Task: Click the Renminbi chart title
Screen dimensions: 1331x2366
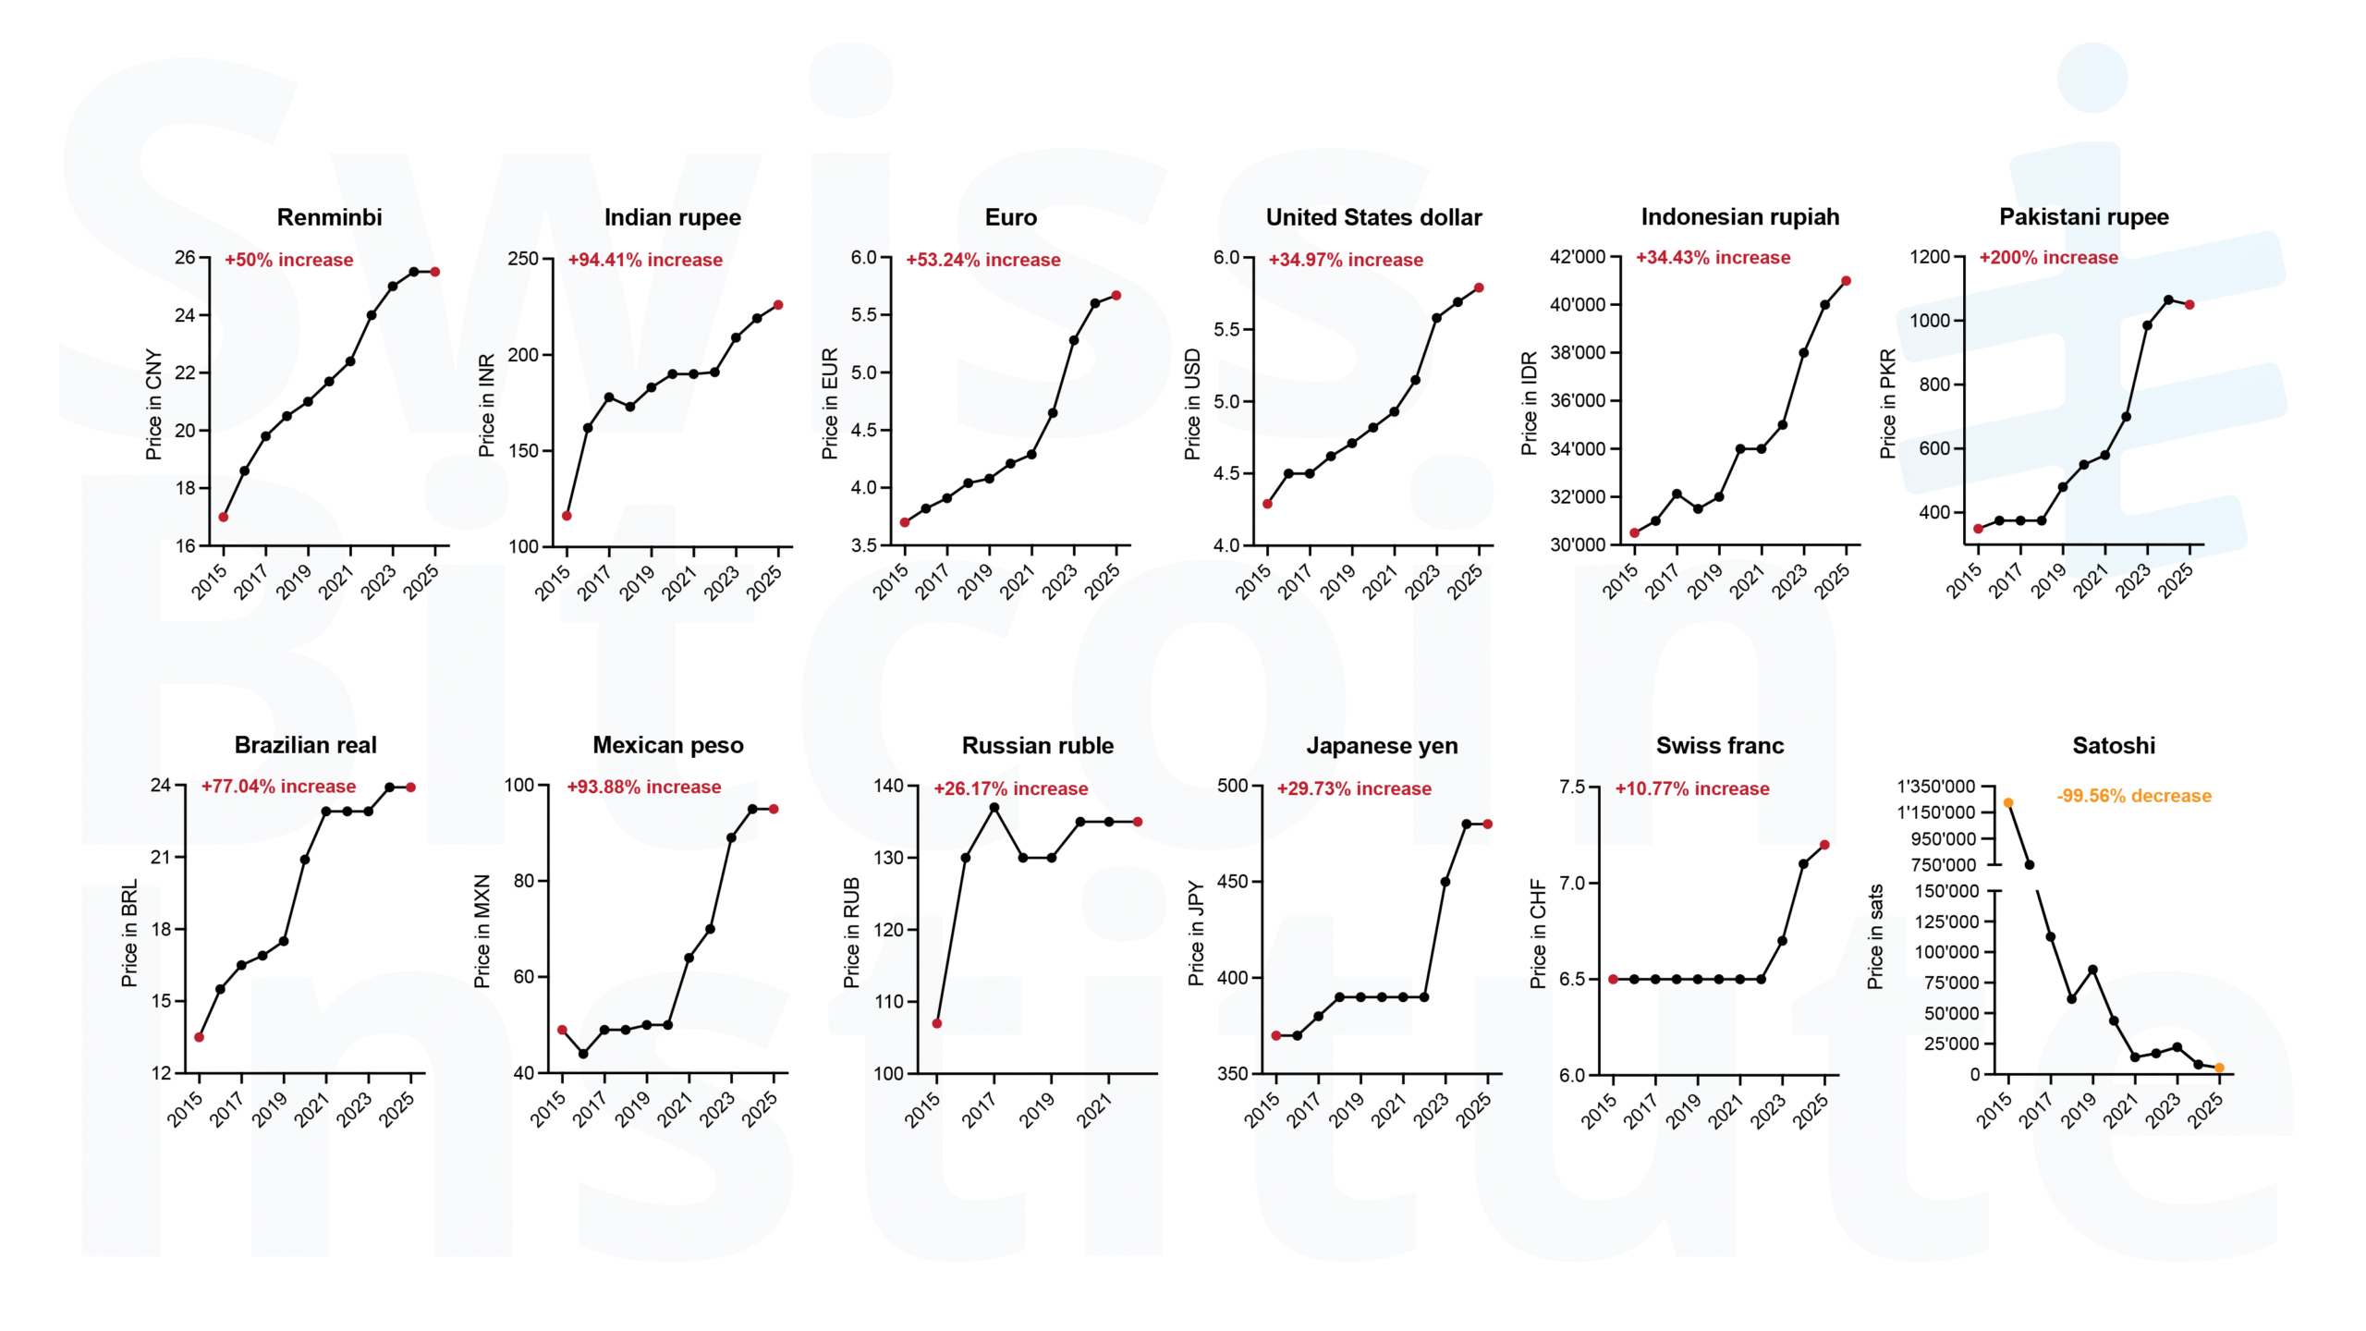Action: click(x=329, y=217)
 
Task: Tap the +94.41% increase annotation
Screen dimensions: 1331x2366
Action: click(x=644, y=260)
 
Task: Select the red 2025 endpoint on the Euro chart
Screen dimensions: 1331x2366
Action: click(x=1116, y=296)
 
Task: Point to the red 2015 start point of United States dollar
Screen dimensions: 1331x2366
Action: click(x=1267, y=504)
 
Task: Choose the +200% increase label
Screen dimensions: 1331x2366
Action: click(x=2047, y=258)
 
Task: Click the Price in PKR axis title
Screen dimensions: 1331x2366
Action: click(x=1887, y=403)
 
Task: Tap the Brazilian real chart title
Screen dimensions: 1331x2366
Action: click(x=305, y=745)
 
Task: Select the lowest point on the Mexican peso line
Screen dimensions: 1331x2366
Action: click(x=583, y=1054)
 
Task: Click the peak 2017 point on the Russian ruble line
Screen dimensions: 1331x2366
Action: click(x=994, y=808)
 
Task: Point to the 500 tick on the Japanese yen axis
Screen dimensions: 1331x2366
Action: click(x=1232, y=786)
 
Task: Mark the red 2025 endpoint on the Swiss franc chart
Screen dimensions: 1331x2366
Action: click(x=1824, y=845)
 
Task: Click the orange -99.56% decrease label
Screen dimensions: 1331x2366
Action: click(x=2133, y=796)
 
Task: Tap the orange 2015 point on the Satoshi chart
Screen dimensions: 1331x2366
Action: click(x=2008, y=803)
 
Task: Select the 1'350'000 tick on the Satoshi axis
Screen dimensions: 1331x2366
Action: click(x=1935, y=787)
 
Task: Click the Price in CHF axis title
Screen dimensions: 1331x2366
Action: click(x=1538, y=934)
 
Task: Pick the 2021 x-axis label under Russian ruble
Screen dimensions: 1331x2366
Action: click(x=1096, y=1108)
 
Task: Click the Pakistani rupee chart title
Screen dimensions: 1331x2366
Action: click(x=2083, y=217)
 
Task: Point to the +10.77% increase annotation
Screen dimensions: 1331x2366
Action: click(x=1691, y=788)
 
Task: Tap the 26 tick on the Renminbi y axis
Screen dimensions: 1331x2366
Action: click(x=185, y=257)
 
